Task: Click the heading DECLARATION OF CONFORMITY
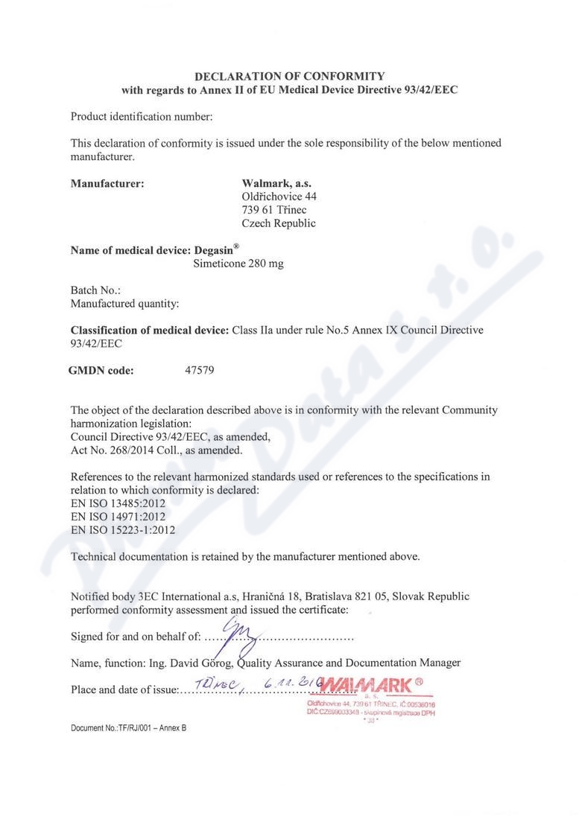tap(289, 76)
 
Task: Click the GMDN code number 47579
tap(199, 370)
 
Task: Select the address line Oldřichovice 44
tap(279, 197)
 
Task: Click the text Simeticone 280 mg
tap(238, 264)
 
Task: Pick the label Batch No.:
tap(95, 290)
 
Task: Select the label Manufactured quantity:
tap(124, 303)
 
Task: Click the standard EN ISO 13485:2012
tap(118, 503)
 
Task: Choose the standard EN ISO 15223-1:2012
tap(123, 530)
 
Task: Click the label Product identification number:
tap(142, 116)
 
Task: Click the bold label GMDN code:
tap(101, 370)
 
